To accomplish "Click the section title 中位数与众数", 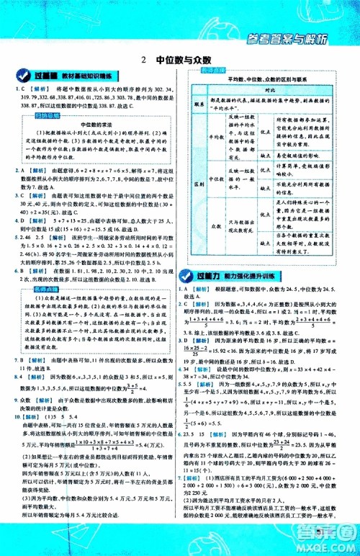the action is (x=186, y=61).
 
